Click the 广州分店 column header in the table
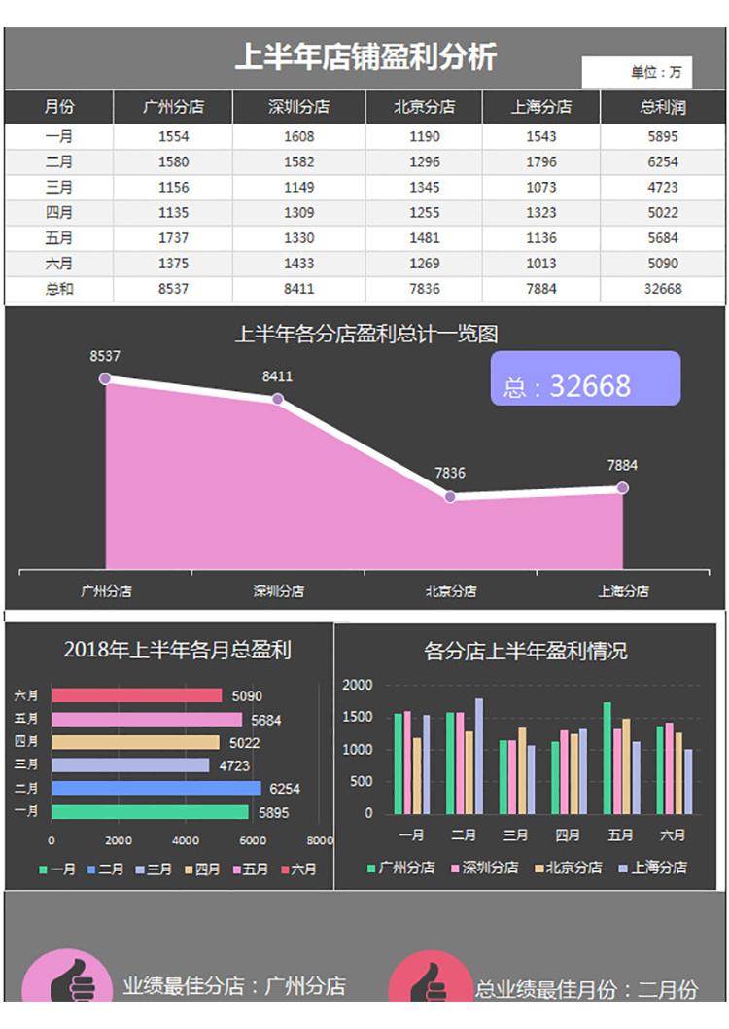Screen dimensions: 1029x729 [173, 107]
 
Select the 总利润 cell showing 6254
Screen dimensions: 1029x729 [662, 161]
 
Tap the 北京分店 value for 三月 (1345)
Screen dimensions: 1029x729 [424, 187]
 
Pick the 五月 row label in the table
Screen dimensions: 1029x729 [58, 237]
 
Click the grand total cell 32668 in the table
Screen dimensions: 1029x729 [662, 289]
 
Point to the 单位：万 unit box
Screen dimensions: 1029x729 [638, 72]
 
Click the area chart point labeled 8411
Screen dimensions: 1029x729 [277, 399]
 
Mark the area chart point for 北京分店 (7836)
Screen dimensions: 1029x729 [450, 497]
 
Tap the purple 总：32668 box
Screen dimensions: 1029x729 [585, 378]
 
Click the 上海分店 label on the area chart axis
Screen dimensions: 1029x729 [623, 590]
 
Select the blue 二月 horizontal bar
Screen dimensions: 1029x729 [156, 788]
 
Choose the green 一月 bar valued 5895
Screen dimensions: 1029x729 [150, 811]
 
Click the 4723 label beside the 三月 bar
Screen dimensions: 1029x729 [234, 765]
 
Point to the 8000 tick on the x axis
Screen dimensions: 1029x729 [319, 840]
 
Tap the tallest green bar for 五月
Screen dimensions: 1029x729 [607, 758]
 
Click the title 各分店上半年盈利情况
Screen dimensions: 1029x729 [525, 651]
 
